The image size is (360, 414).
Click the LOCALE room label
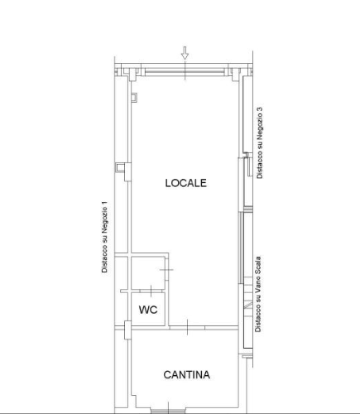185,183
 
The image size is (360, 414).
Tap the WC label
148,310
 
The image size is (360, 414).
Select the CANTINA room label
187,375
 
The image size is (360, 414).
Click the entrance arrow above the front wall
185,53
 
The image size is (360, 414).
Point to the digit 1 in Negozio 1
104,204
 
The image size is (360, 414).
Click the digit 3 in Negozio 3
260,109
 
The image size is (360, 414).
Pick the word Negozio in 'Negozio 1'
104,221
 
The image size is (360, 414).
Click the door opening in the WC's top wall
151,291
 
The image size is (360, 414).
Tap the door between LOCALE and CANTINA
187,327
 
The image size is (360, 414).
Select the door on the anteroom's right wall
166,269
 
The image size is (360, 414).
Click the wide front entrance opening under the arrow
185,72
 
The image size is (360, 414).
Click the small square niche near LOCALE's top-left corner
134,97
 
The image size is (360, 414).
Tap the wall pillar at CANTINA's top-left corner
127,330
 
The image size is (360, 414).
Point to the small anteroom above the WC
148,272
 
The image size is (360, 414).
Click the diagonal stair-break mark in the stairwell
248,306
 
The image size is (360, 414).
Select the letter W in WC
143,310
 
